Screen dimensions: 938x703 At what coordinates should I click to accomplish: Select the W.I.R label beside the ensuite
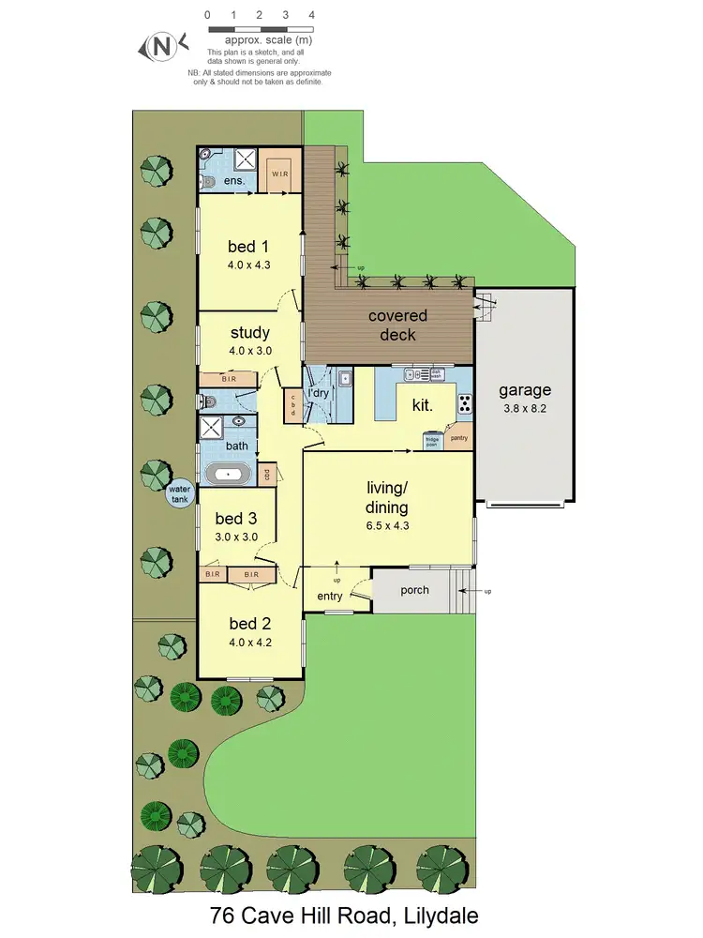[279, 174]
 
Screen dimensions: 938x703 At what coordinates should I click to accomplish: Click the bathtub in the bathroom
[229, 475]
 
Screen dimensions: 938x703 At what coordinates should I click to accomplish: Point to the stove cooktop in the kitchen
[464, 404]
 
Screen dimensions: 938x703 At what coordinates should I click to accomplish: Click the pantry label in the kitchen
[458, 438]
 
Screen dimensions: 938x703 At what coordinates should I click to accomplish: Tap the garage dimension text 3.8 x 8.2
[524, 408]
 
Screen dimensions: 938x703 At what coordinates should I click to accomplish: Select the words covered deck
[397, 325]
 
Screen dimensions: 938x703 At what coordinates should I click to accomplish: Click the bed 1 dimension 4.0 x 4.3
[248, 265]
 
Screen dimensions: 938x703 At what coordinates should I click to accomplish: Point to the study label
[249, 332]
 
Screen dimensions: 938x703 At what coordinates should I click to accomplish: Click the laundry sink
[345, 380]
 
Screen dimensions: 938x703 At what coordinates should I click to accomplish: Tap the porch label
[414, 590]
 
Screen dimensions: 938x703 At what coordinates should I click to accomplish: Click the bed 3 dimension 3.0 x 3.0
[236, 537]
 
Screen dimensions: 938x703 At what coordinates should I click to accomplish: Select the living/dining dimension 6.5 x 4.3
[387, 525]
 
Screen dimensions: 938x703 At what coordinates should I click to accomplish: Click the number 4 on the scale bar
[311, 16]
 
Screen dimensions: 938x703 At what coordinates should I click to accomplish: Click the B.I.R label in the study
[229, 379]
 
